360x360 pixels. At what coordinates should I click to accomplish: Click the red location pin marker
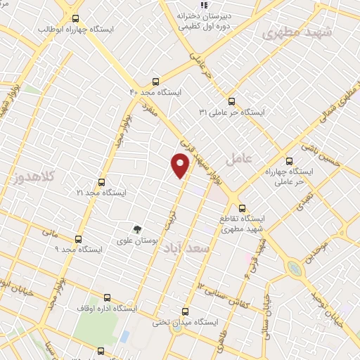tap(181, 166)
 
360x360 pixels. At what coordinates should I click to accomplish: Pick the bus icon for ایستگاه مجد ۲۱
tap(101, 182)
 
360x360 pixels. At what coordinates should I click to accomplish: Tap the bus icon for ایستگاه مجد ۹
tap(78, 239)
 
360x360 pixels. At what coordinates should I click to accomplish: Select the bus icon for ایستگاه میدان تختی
tap(186, 311)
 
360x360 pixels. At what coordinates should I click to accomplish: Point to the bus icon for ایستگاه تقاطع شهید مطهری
tap(243, 208)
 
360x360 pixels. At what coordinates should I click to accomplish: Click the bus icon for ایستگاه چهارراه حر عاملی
tap(290, 161)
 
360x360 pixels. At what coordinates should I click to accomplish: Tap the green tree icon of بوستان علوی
tap(138, 229)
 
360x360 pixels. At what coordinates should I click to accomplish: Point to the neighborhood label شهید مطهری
tap(290, 32)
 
